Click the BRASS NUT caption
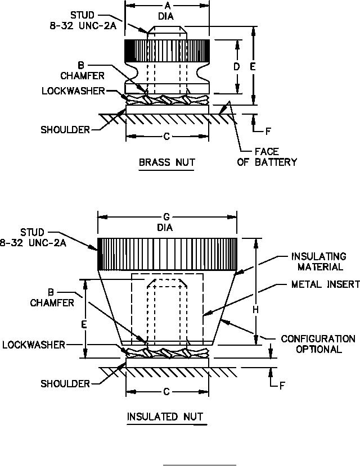click(166, 162)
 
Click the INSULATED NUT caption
click(165, 417)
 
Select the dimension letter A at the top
click(168, 6)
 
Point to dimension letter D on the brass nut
click(237, 67)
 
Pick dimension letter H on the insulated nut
click(256, 310)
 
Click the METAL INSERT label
click(325, 284)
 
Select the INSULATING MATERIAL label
click(319, 261)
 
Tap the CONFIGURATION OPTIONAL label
click(318, 344)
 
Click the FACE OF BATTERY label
click(267, 157)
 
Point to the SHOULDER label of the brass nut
click(65, 130)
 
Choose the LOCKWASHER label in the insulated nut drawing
click(34, 345)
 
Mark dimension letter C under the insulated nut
click(166, 392)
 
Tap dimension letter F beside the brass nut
click(268, 132)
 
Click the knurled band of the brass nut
click(167, 51)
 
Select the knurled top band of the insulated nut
click(168, 255)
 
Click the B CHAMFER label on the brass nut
click(82, 71)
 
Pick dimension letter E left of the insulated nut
click(84, 324)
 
